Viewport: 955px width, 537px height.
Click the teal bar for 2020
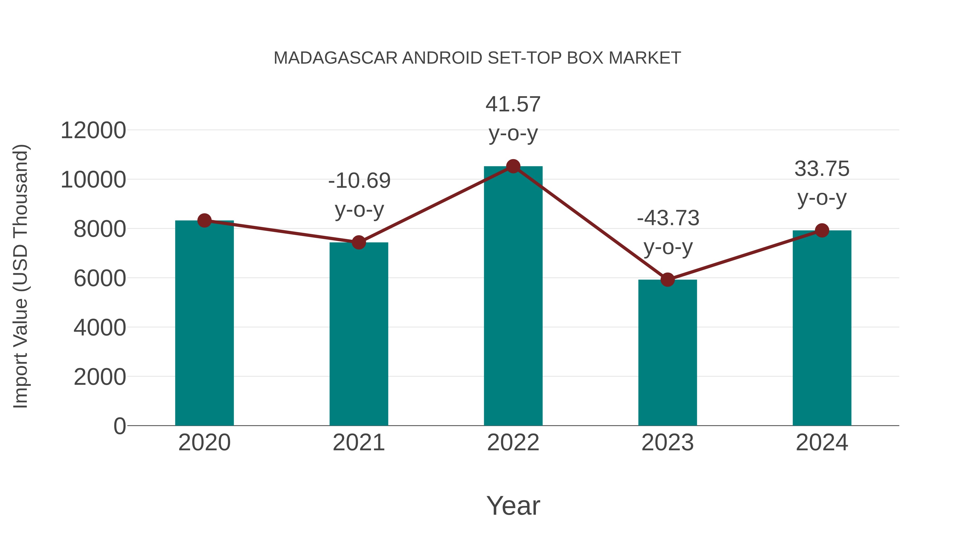click(204, 322)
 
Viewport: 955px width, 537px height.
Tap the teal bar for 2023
click(667, 352)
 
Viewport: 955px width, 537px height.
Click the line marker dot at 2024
click(822, 230)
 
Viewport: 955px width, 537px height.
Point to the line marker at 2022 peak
click(513, 166)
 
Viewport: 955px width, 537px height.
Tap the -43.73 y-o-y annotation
click(668, 232)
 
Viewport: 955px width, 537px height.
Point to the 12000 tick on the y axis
click(93, 130)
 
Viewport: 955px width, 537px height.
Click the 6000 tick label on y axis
click(100, 278)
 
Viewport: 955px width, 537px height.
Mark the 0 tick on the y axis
click(119, 426)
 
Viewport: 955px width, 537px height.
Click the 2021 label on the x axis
click(359, 443)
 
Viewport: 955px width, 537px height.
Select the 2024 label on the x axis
click(822, 443)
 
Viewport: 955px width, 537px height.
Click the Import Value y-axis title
click(20, 276)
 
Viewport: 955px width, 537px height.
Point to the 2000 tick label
click(100, 377)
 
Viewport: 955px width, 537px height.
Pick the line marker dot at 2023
click(667, 280)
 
